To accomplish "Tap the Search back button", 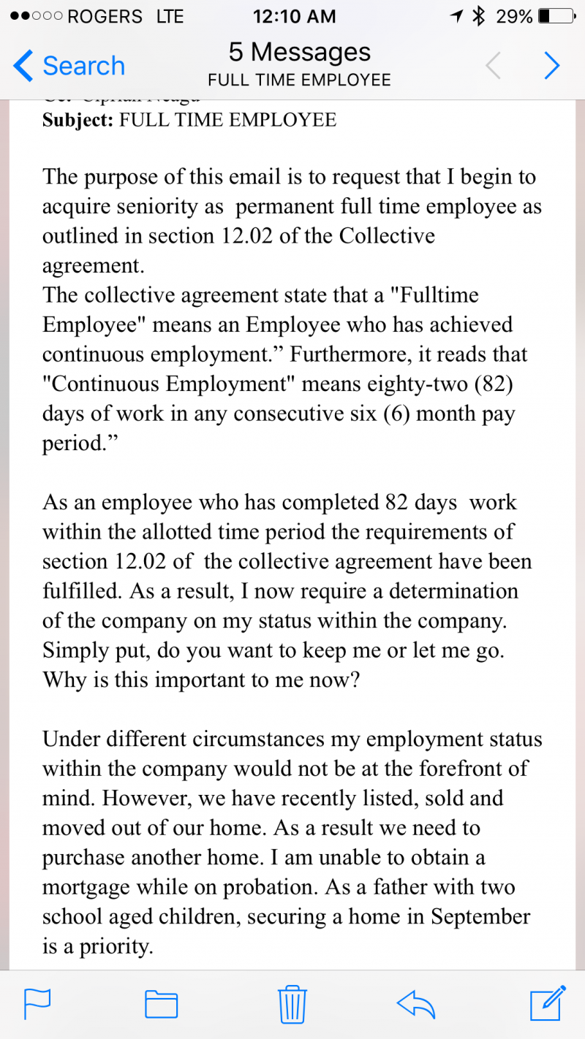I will point(69,66).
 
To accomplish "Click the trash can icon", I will point(292,1003).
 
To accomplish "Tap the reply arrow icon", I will point(415,1003).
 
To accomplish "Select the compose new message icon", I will point(547,1002).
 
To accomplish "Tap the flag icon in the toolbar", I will point(37,1003).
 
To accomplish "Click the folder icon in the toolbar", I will point(162,1003).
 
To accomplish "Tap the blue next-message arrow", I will point(551,66).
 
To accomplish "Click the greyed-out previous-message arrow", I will point(494,66).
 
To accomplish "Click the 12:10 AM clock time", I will point(294,16).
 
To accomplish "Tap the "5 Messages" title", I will point(299,53).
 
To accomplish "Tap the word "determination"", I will point(453,590).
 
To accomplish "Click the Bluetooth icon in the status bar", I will point(479,16).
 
